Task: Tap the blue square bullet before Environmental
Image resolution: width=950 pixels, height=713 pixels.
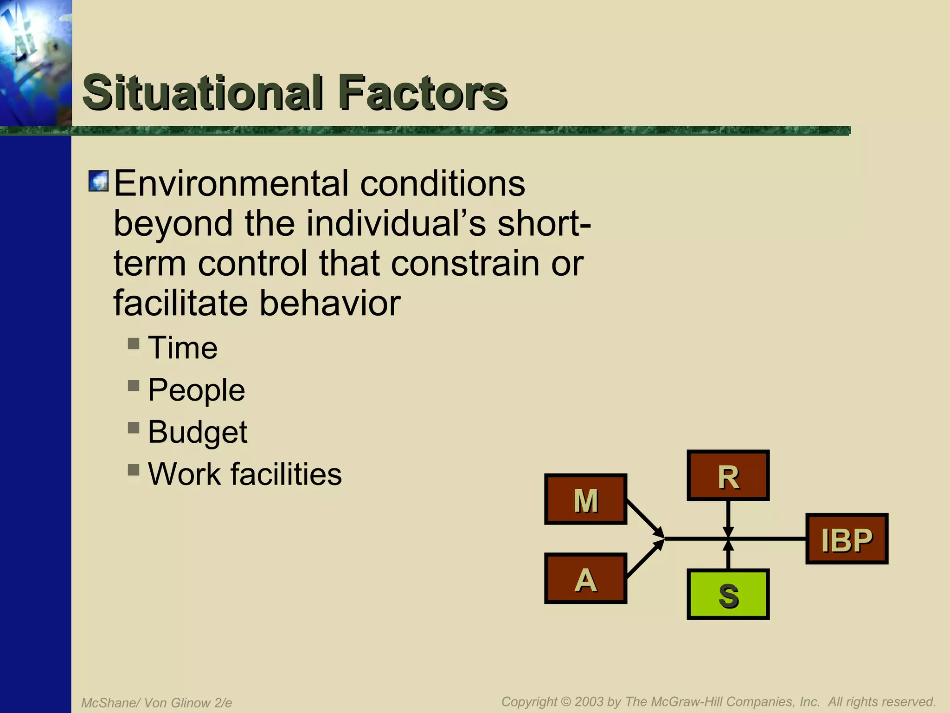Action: pos(98,181)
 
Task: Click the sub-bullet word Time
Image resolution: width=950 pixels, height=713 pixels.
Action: pos(182,348)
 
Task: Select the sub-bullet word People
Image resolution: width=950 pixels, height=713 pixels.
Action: pos(196,390)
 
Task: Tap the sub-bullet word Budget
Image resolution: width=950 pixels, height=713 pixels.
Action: pos(198,432)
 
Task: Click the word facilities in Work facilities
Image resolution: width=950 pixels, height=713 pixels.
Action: pos(286,474)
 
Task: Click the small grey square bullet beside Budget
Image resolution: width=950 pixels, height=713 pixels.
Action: pos(134,428)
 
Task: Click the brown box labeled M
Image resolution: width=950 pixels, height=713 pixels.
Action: pos(585,499)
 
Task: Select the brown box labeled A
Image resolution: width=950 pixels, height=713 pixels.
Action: pos(585,578)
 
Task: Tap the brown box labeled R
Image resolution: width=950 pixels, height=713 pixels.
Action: pos(728,475)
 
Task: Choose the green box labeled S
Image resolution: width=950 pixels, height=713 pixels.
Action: pos(728,594)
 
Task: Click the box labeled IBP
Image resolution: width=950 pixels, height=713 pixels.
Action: pos(847,539)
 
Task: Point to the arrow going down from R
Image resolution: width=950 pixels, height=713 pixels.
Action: pos(728,518)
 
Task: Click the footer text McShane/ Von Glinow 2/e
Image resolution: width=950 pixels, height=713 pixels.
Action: pos(156,703)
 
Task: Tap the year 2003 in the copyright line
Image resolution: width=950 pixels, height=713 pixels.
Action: pos(588,701)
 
